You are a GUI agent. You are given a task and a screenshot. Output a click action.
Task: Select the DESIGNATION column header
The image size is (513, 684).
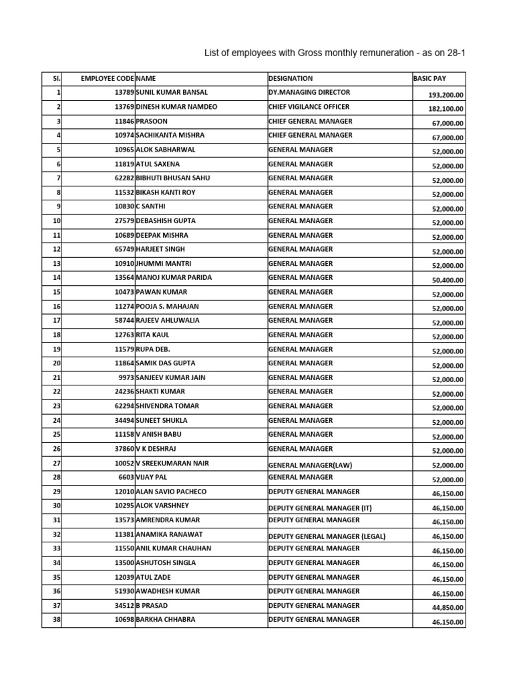click(x=291, y=78)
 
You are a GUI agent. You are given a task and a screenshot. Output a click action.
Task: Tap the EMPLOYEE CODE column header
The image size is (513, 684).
click(x=107, y=78)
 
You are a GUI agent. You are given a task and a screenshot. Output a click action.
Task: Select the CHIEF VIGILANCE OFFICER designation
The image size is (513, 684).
click(x=309, y=107)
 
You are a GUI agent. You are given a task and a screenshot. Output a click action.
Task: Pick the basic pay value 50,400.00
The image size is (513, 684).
click(x=448, y=280)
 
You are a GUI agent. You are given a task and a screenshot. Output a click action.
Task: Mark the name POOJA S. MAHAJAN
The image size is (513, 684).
click(x=167, y=307)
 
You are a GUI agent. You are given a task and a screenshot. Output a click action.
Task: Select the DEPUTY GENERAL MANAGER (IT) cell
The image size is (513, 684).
click(x=319, y=508)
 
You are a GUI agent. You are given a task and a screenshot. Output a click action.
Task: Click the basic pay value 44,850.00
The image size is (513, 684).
click(x=448, y=607)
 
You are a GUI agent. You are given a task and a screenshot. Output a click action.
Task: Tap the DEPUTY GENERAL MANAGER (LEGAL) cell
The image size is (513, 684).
click(x=327, y=536)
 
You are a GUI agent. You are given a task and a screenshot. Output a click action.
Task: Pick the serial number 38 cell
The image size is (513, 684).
click(x=56, y=619)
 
